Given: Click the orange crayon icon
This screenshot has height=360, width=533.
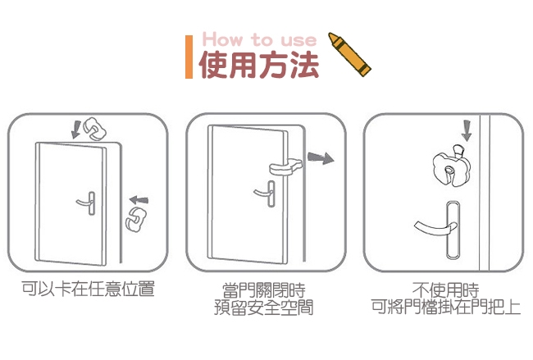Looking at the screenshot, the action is (349, 54).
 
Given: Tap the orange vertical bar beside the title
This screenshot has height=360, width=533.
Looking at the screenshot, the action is (189, 57).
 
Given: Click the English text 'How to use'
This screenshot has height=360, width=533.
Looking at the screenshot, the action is (259, 39).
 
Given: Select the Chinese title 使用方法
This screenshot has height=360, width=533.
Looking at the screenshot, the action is (259, 66).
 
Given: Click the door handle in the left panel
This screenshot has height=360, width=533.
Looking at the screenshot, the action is (86, 203).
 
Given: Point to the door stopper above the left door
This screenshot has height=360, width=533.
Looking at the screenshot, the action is (94, 130).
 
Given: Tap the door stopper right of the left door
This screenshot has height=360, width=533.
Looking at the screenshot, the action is (135, 219).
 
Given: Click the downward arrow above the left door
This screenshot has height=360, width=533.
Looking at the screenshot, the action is (75, 130).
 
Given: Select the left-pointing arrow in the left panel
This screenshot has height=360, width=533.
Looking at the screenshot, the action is (139, 200).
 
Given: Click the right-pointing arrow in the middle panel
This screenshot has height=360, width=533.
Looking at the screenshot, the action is (321, 157).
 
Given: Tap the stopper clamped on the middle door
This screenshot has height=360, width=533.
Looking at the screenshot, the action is (286, 167).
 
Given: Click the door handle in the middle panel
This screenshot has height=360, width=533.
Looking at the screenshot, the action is (265, 194).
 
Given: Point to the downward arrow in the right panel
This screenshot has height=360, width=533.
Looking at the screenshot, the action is (467, 130).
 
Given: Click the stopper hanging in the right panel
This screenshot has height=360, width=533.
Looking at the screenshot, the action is (452, 166).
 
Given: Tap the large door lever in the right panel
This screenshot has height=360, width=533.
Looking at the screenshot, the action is (439, 230).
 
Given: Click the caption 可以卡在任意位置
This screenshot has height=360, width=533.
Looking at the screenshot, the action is (88, 289).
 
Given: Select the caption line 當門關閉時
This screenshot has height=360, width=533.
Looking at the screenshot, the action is (264, 290).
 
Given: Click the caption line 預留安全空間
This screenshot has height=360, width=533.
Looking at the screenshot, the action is (264, 308).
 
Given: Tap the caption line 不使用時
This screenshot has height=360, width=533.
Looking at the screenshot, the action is (445, 290).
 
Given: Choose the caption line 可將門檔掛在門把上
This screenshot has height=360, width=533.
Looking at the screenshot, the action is (445, 307).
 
